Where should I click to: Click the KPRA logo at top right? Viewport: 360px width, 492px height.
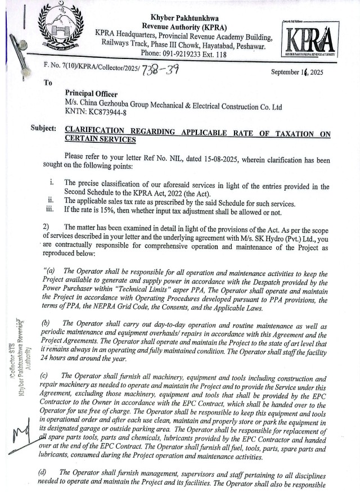coord(310,41)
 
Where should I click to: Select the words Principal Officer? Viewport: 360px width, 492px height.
coord(94,94)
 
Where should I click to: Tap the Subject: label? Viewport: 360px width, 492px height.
coord(43,129)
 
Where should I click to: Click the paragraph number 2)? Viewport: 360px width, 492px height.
coord(47,225)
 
